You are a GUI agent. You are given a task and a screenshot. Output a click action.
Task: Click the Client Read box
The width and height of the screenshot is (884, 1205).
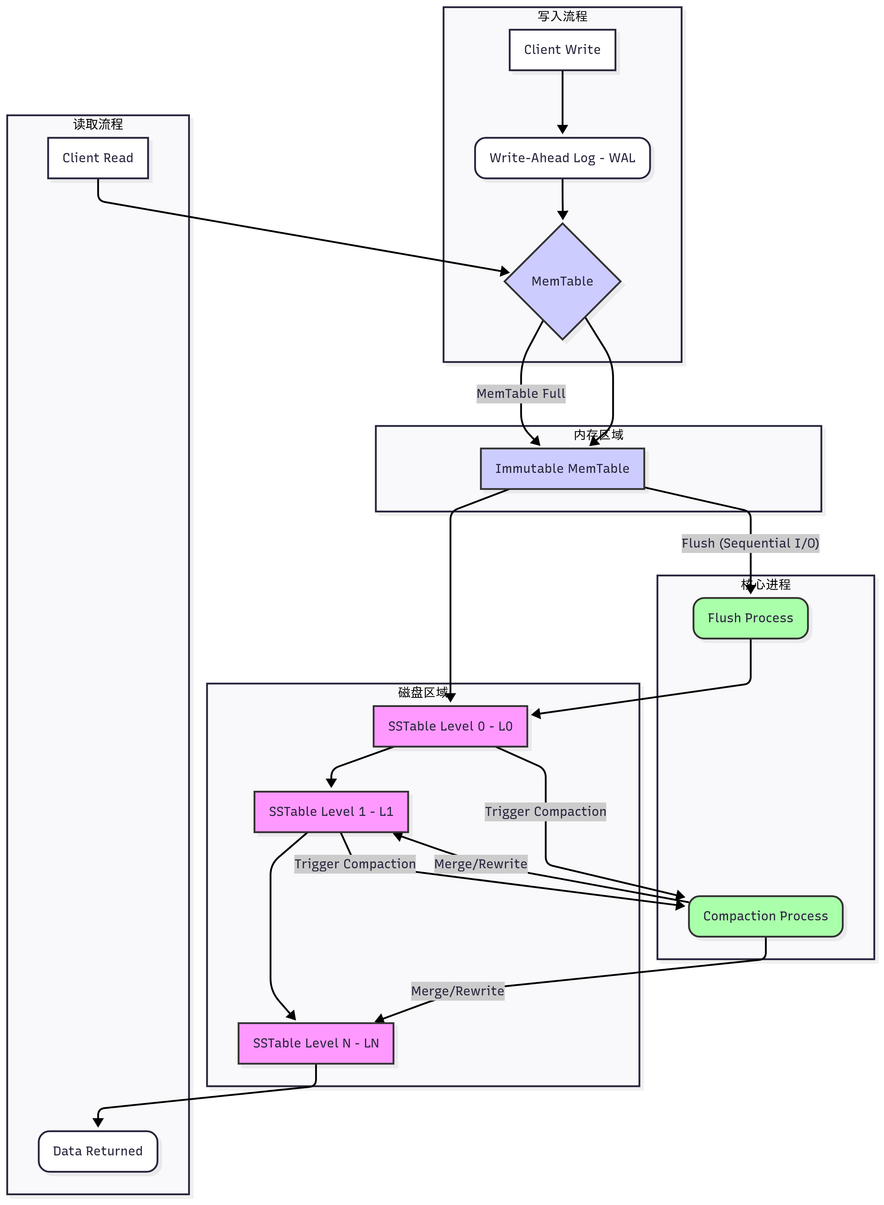98,158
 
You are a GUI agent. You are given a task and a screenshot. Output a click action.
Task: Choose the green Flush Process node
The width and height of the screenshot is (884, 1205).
750,618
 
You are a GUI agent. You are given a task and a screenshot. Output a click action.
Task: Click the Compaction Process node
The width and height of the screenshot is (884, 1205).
765,916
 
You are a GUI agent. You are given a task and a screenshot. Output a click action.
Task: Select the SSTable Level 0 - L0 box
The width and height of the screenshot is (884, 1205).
450,726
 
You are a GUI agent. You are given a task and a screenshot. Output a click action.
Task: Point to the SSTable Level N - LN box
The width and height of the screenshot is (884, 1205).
316,1043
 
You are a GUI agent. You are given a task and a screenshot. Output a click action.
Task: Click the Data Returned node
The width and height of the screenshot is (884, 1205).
98,1151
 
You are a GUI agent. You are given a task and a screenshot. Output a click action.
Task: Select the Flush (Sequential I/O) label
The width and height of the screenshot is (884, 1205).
750,544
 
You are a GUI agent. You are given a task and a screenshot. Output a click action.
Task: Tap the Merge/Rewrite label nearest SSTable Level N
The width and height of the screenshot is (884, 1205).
458,991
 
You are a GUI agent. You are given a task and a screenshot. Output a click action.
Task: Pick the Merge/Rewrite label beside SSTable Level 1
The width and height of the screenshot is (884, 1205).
480,864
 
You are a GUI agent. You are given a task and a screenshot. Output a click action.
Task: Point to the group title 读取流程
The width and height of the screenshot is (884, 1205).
98,125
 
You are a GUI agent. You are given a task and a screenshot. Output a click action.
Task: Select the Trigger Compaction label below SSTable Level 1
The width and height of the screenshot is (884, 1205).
355,864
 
